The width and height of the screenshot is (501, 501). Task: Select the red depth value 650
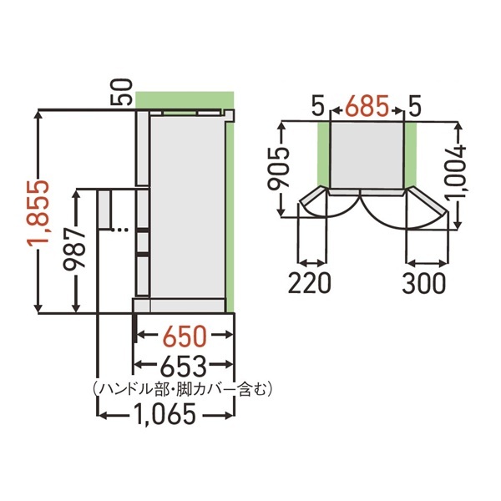(x=185, y=337)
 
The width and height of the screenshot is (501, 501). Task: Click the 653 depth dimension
(x=184, y=366)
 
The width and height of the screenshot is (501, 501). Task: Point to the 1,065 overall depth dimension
(x=164, y=414)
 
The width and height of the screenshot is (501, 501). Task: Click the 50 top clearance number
(x=121, y=93)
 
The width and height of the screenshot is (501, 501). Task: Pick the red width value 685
(x=367, y=106)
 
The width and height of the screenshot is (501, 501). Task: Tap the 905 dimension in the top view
(x=279, y=169)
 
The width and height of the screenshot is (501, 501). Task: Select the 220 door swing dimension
(x=309, y=283)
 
